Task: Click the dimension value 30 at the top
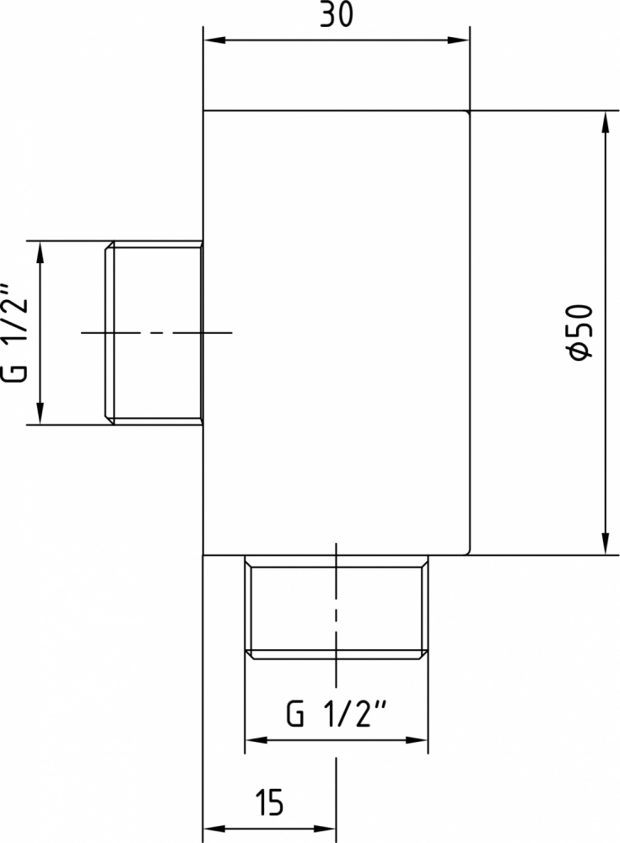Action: click(337, 15)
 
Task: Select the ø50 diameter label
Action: click(580, 332)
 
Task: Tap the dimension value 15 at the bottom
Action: click(270, 803)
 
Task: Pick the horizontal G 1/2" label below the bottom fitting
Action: click(337, 713)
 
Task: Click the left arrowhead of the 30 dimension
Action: click(214, 40)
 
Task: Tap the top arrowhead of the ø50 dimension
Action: click(606, 122)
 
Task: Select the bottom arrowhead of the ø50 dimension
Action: click(606, 543)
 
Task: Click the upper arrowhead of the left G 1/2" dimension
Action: click(40, 253)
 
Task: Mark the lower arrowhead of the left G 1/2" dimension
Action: click(40, 413)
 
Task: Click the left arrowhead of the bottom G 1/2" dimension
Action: click(256, 740)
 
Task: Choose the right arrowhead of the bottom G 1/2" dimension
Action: click(417, 740)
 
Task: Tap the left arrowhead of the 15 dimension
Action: click(214, 829)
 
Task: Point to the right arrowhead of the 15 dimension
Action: click(325, 829)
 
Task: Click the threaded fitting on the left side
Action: click(154, 333)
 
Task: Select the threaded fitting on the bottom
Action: click(337, 606)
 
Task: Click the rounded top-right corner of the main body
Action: click(467, 114)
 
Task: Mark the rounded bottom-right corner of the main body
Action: click(467, 551)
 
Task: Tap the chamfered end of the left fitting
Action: click(110, 333)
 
